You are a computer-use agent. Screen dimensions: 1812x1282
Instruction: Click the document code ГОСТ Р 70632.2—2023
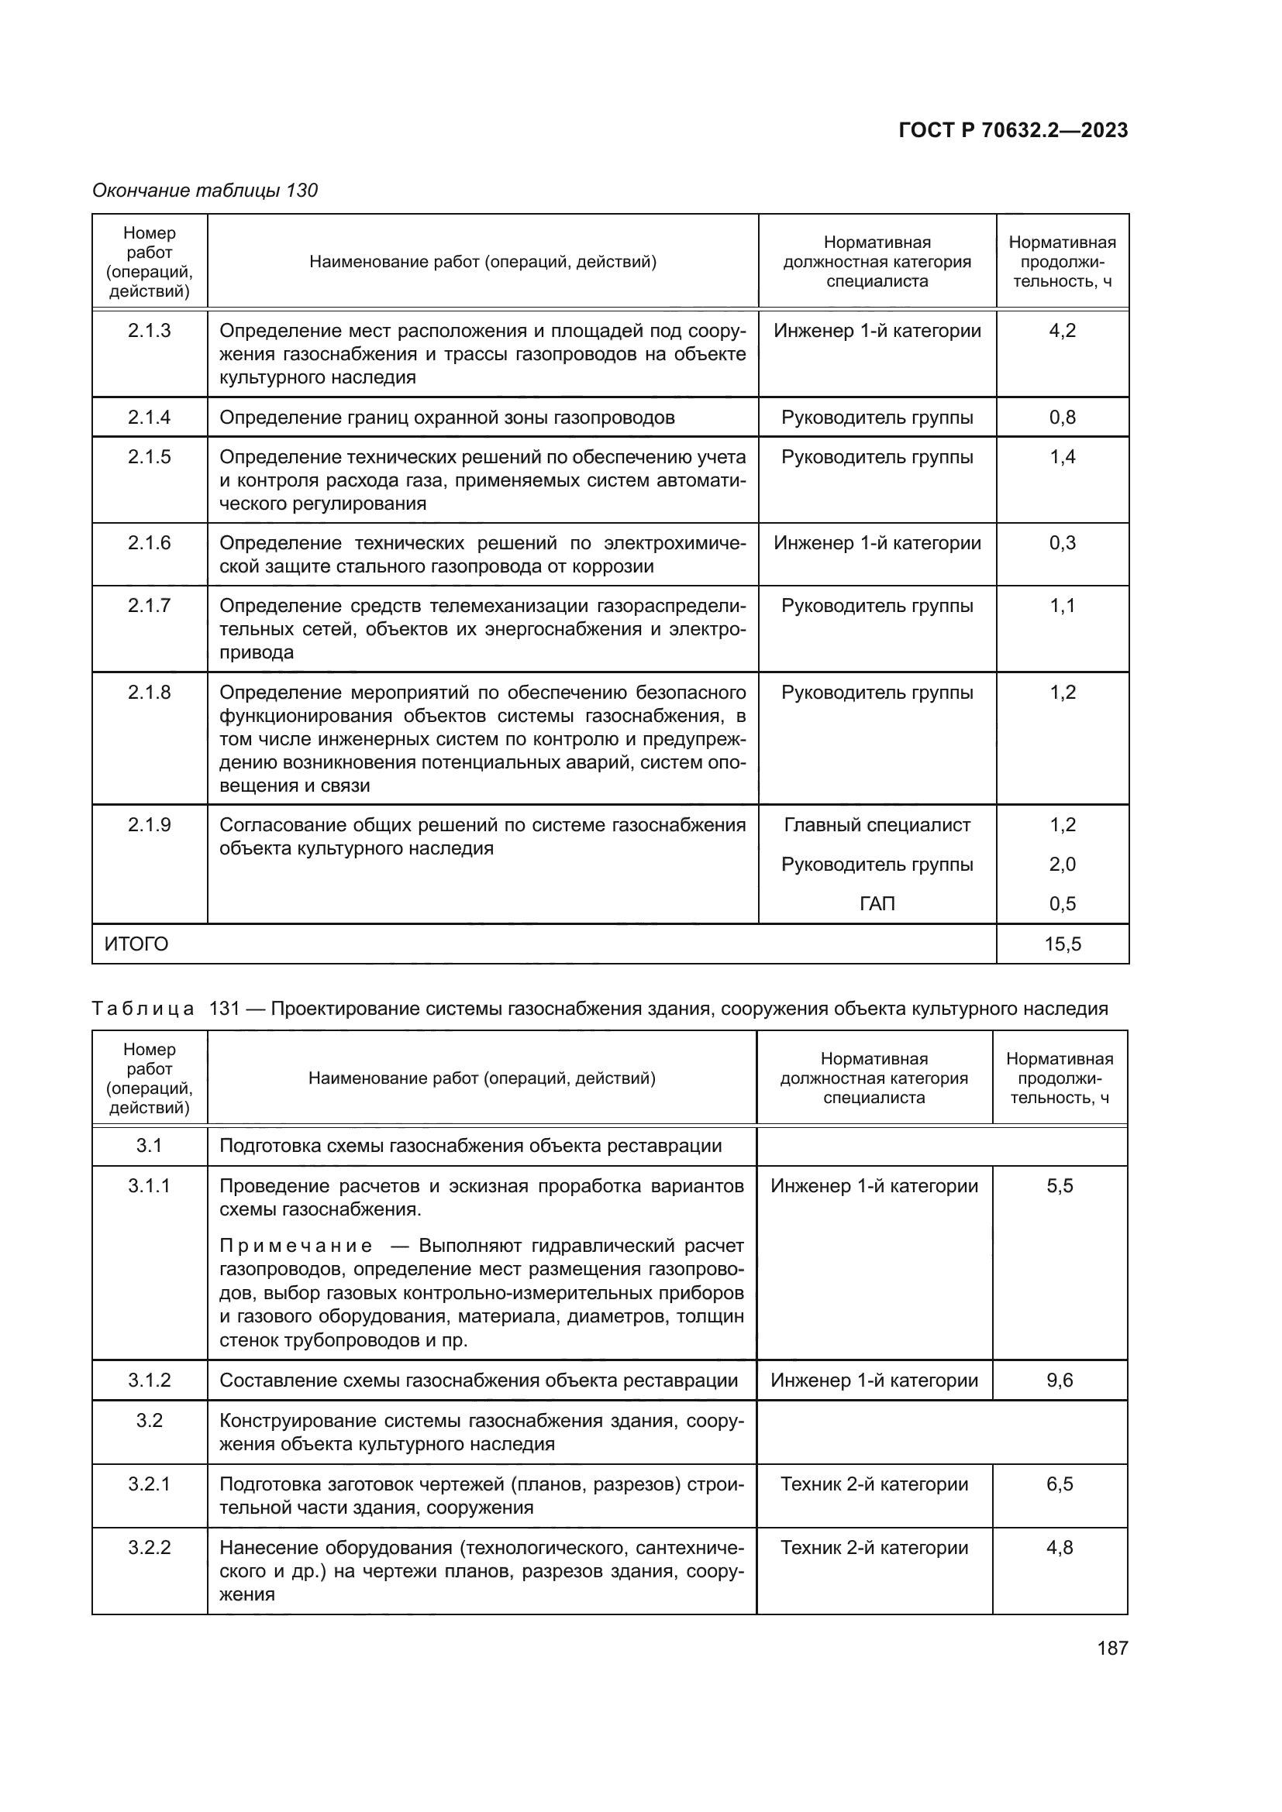click(x=1013, y=130)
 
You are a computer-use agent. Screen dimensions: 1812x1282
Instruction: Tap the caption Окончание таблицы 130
click(x=205, y=191)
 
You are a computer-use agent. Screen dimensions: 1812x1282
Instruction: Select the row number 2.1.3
click(x=149, y=331)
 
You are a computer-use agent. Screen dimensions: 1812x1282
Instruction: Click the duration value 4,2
click(x=1062, y=331)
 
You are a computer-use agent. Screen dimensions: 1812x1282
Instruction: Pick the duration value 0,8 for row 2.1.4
click(x=1062, y=418)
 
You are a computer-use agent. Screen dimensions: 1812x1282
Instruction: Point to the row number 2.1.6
click(x=149, y=543)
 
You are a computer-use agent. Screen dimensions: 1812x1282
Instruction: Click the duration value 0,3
click(x=1062, y=543)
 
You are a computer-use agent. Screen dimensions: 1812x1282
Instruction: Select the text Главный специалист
click(x=877, y=825)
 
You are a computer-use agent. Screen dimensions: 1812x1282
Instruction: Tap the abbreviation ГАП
click(x=877, y=903)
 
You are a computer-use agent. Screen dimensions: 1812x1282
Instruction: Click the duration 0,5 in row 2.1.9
click(x=1062, y=903)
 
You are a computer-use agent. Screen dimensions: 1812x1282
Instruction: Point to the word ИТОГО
click(x=136, y=944)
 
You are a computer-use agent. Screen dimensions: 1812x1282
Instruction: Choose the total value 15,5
click(x=1062, y=944)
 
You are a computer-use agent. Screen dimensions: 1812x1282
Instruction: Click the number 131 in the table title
click(x=224, y=1009)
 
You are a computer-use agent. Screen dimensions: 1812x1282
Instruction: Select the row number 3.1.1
click(x=149, y=1186)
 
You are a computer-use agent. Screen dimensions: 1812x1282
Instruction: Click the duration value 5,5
click(x=1060, y=1186)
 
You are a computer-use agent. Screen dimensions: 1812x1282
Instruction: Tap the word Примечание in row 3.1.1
click(x=295, y=1246)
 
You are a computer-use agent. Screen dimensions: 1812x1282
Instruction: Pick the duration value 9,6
click(x=1060, y=1380)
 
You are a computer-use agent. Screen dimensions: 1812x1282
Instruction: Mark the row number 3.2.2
click(x=149, y=1548)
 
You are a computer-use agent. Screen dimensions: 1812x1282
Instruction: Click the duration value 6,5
click(x=1060, y=1484)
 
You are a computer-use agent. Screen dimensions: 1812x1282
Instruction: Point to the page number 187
click(x=1112, y=1648)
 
